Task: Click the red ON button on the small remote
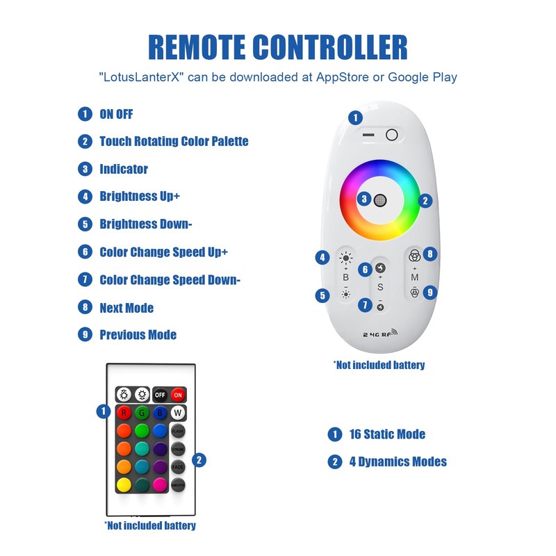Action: pos(178,395)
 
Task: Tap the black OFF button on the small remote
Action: pos(160,395)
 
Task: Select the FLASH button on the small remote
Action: pos(178,431)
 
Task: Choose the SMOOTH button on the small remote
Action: pos(178,484)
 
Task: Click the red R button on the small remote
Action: pos(124,413)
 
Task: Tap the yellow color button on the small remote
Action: pos(124,484)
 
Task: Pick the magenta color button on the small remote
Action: pos(160,484)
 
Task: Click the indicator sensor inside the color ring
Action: pos(379,200)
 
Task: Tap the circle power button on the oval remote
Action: pos(391,135)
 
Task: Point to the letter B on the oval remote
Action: pos(346,277)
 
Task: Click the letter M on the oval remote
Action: pos(414,277)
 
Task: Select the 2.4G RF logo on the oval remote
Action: pos(379,334)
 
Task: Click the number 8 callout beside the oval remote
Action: pos(430,254)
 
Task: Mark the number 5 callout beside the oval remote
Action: pos(322,295)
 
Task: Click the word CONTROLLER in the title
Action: pos(330,47)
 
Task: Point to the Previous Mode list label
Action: pos(138,335)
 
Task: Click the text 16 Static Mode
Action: pos(387,434)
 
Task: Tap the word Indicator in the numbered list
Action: pos(124,169)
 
